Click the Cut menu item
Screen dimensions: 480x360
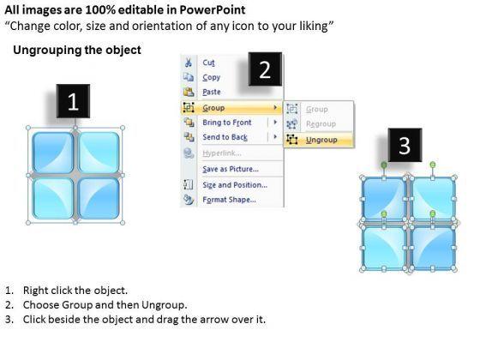208,63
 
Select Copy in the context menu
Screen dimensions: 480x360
211,77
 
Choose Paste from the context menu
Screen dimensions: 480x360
212,92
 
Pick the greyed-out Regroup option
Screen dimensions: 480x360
321,124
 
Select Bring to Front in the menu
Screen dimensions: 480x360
227,123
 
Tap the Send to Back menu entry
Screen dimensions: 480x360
225,137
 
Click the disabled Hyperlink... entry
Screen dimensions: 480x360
222,153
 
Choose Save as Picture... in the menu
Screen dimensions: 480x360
231,169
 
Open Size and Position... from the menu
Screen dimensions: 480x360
235,185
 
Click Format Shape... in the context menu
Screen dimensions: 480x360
230,200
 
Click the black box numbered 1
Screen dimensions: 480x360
73,101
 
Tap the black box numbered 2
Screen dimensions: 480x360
265,69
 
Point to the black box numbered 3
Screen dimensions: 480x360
405,145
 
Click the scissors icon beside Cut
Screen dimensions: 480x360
189,63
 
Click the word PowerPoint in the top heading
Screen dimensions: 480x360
213,9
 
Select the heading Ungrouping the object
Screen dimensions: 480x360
77,50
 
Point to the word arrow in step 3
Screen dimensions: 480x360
213,320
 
